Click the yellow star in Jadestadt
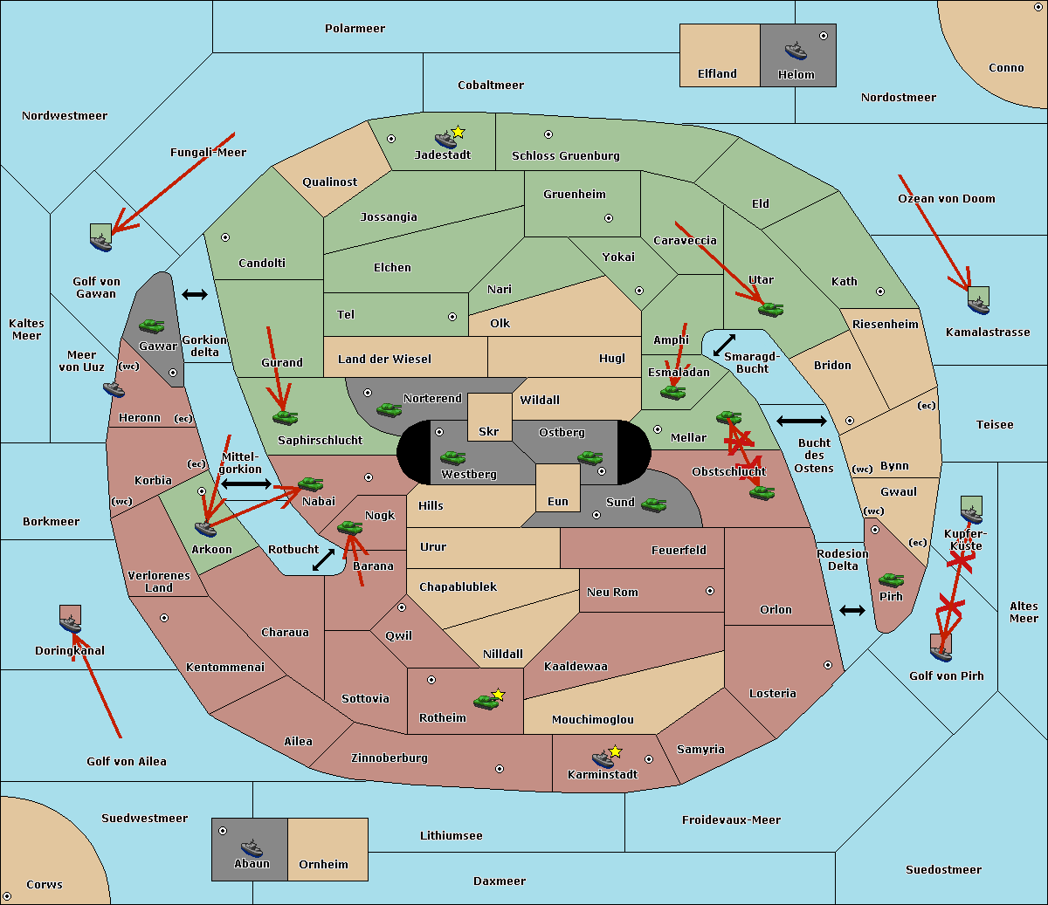coord(458,132)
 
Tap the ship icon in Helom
coord(795,51)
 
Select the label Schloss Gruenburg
coord(565,156)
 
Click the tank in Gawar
coord(151,326)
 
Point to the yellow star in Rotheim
coord(499,695)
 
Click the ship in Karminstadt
coord(603,758)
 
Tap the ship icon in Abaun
coord(252,848)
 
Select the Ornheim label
coord(323,864)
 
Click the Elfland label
coord(717,74)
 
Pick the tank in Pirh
coord(891,580)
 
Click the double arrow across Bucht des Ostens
coord(801,422)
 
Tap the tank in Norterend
coord(389,409)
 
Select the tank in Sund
coord(654,504)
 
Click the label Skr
coord(488,432)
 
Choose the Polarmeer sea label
coord(355,29)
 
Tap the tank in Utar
coord(770,309)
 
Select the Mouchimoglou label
coord(592,720)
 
